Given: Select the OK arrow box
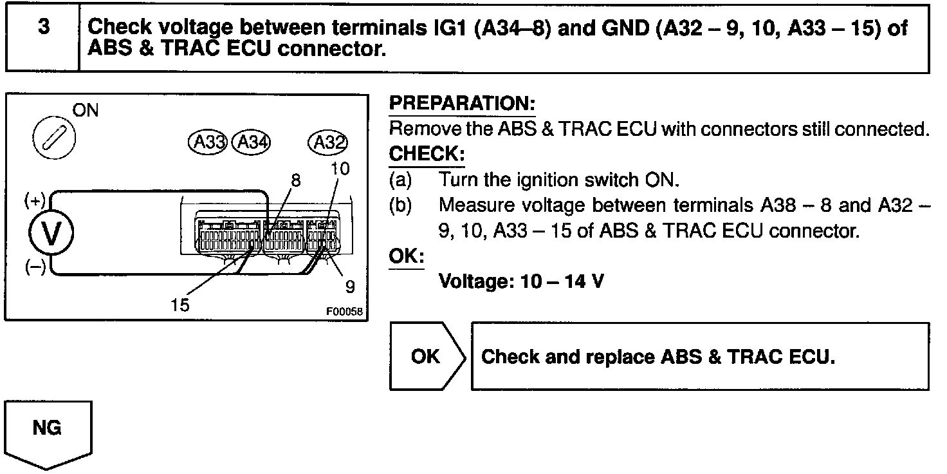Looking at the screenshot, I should point(426,356).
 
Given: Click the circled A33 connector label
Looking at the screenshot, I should point(208,142).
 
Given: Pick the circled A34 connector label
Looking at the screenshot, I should point(251,142).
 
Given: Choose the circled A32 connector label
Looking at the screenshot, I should point(328,142).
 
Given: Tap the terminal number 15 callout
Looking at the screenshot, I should point(181,304).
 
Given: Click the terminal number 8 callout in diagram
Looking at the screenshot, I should point(295,181).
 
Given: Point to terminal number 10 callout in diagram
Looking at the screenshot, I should point(340,169).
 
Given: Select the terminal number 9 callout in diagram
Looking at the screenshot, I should point(350,286).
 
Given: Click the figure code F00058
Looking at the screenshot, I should point(344,312).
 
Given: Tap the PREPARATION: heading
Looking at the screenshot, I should point(462,104).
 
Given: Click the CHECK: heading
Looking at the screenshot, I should point(427,155).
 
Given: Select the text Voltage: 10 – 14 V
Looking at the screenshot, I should point(520,281).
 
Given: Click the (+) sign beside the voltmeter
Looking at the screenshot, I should point(34,201).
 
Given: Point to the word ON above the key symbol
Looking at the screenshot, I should point(86,111).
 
